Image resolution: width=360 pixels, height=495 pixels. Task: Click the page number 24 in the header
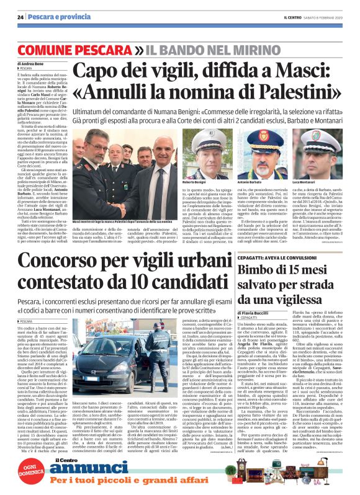tap(21, 17)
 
